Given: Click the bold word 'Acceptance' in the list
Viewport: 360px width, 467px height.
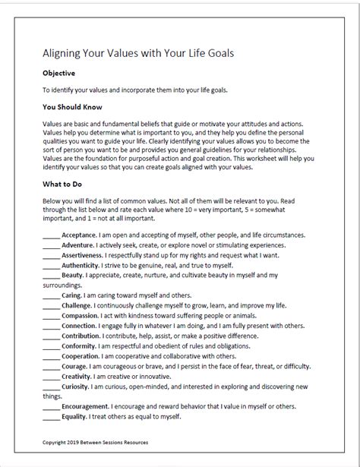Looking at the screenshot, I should pyautogui.click(x=79, y=236).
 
